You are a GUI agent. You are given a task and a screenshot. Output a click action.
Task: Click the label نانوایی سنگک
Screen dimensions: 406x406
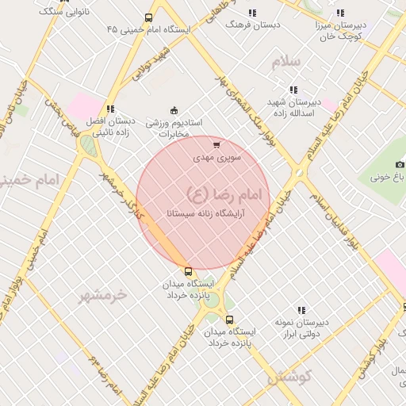[63, 11]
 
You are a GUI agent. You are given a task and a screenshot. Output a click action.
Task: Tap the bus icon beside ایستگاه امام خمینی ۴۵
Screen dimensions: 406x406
[148, 17]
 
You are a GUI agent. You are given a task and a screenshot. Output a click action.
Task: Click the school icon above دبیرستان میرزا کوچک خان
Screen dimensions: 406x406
[340, 13]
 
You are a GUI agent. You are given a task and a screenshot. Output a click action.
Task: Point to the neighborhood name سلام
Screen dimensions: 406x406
[286, 62]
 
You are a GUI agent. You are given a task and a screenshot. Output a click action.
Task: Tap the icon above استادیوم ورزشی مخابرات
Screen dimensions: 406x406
[174, 111]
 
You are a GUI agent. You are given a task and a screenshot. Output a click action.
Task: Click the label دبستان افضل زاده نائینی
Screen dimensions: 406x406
[110, 127]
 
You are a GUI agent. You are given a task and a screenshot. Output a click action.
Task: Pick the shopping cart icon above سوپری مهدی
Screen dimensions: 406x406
[216, 145]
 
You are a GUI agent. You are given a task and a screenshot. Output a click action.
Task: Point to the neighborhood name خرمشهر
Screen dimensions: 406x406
[103, 295]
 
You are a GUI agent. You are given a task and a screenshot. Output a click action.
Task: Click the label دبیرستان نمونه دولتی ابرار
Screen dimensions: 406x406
[301, 327]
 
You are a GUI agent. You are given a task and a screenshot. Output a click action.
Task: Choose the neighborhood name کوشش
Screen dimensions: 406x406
[289, 376]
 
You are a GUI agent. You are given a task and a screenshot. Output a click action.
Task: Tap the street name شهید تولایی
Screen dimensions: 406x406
[151, 64]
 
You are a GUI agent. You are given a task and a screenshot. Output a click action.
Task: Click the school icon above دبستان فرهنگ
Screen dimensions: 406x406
[252, 13]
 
